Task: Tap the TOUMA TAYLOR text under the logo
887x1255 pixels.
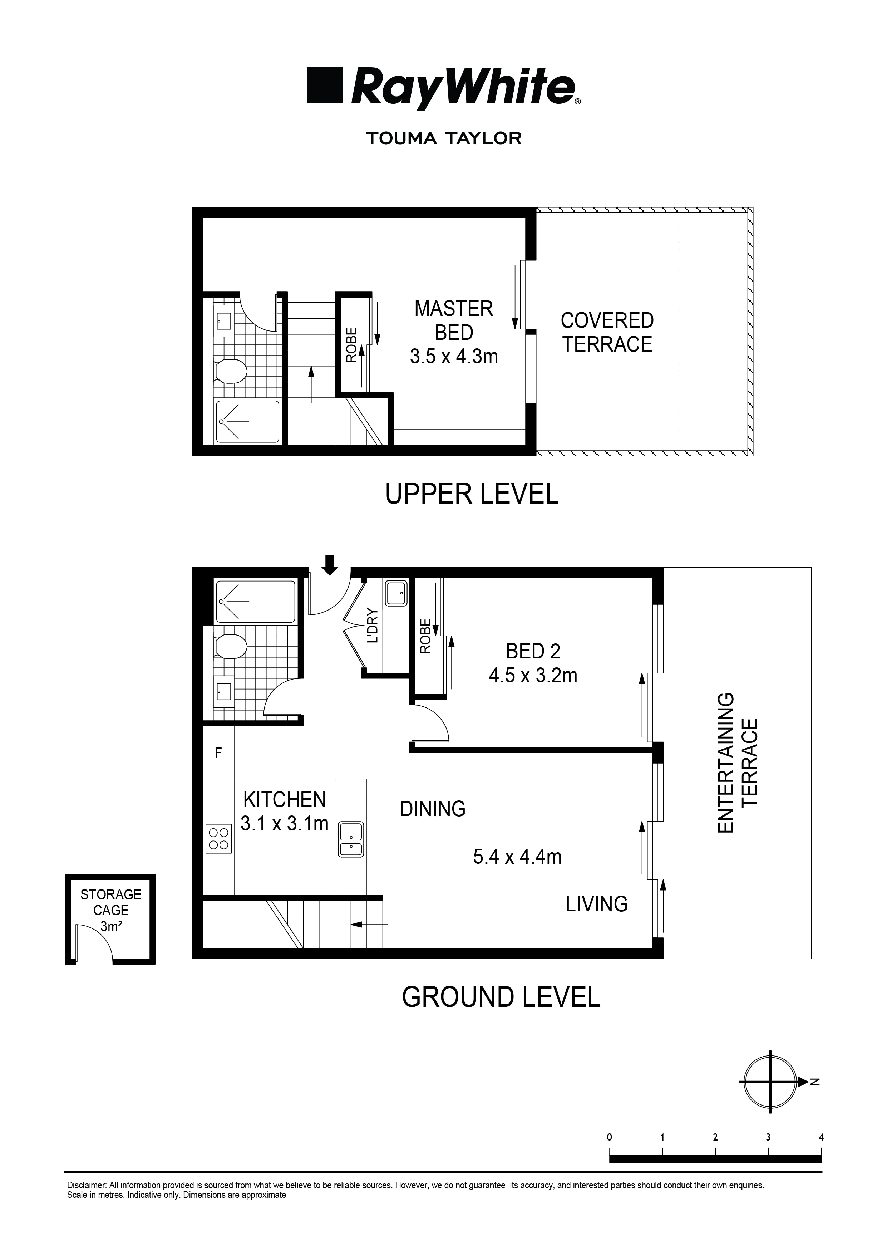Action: [444, 138]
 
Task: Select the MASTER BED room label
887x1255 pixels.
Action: [454, 321]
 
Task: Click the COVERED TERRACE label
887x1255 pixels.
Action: [607, 332]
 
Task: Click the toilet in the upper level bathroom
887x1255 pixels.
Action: [230, 372]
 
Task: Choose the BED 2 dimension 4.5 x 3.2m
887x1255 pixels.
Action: [533, 676]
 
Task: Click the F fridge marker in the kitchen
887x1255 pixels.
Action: [218, 753]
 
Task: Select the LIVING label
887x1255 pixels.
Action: [596, 904]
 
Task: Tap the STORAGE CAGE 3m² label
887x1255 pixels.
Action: [111, 910]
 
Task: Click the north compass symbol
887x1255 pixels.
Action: [770, 1081]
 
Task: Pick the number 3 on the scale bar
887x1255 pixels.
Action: [768, 1137]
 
